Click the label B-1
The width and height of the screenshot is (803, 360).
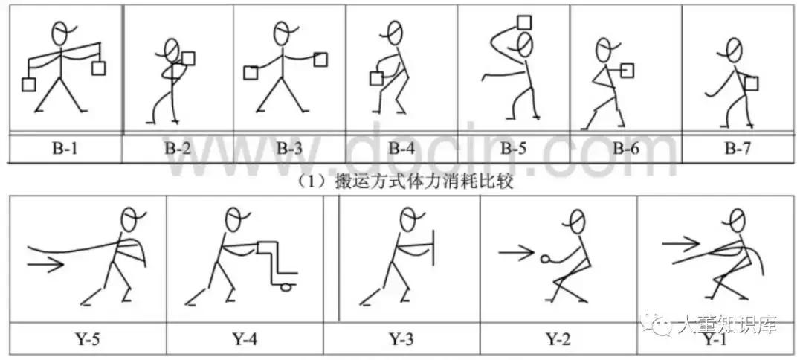pyautogui.click(x=65, y=148)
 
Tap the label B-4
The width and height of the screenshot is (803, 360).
pyautogui.click(x=401, y=148)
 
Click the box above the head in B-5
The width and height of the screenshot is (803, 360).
pyautogui.click(x=526, y=23)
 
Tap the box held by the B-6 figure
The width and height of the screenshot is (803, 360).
pyautogui.click(x=628, y=71)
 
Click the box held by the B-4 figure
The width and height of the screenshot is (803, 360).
pyautogui.click(x=378, y=77)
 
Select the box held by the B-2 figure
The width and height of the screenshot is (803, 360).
pyautogui.click(x=189, y=58)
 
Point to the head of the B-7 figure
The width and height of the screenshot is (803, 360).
pyautogui.click(x=733, y=49)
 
